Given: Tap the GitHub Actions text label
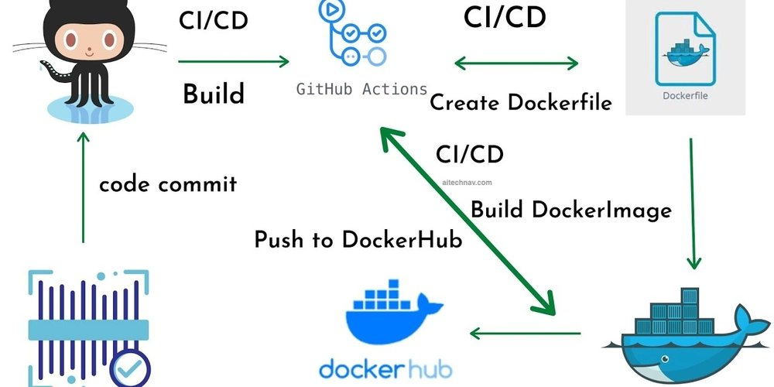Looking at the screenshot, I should pos(361,88).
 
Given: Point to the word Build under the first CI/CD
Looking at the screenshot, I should pos(214,94).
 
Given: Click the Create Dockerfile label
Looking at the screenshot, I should pos(520,102).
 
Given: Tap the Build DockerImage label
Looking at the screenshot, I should pos(571,209).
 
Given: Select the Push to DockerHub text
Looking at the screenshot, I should pos(358,240).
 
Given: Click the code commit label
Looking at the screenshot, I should pos(167,185).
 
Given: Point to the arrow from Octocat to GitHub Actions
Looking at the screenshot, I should pos(234,62).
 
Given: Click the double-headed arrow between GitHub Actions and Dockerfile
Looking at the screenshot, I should pos(515,62).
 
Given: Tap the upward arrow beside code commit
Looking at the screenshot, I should pos(82,186).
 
